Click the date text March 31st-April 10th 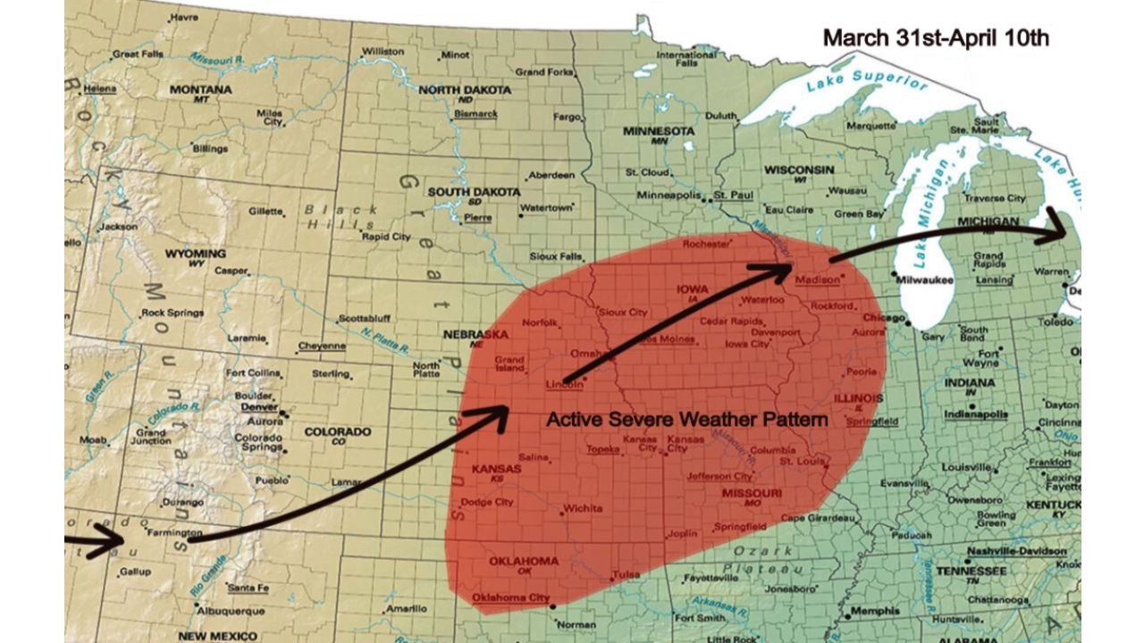click(x=935, y=38)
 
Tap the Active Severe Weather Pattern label click(x=686, y=419)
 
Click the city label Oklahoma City click(x=510, y=597)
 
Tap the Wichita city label click(x=582, y=510)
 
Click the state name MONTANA click(x=200, y=90)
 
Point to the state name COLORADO click(x=337, y=432)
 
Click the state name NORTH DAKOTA click(x=465, y=90)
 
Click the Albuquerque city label click(x=231, y=612)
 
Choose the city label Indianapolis click(x=976, y=414)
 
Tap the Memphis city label click(x=875, y=612)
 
